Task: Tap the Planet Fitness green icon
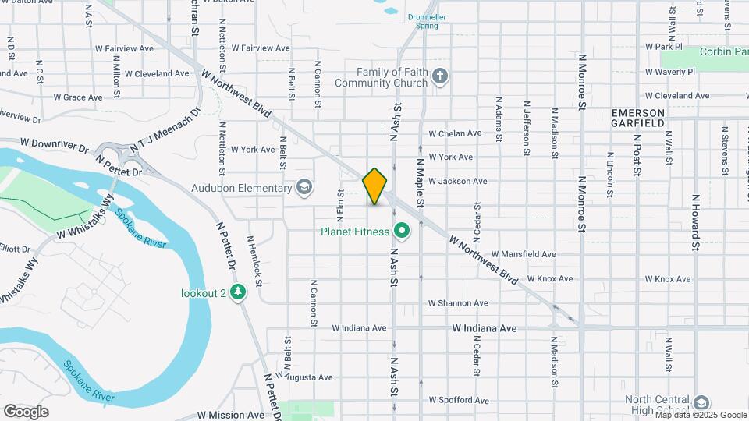pyautogui.click(x=403, y=231)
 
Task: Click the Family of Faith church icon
pyautogui.click(x=440, y=76)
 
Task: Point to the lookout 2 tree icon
pyautogui.click(x=238, y=292)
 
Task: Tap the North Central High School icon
pyautogui.click(x=701, y=402)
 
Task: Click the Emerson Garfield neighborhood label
pyautogui.click(x=637, y=118)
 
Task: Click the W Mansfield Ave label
pyautogui.click(x=523, y=254)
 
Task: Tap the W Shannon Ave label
pyautogui.click(x=458, y=303)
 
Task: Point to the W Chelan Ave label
pyautogui.click(x=455, y=133)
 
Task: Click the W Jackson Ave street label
pyautogui.click(x=457, y=181)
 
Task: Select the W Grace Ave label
pyautogui.click(x=77, y=97)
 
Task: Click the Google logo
pyautogui.click(x=26, y=412)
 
